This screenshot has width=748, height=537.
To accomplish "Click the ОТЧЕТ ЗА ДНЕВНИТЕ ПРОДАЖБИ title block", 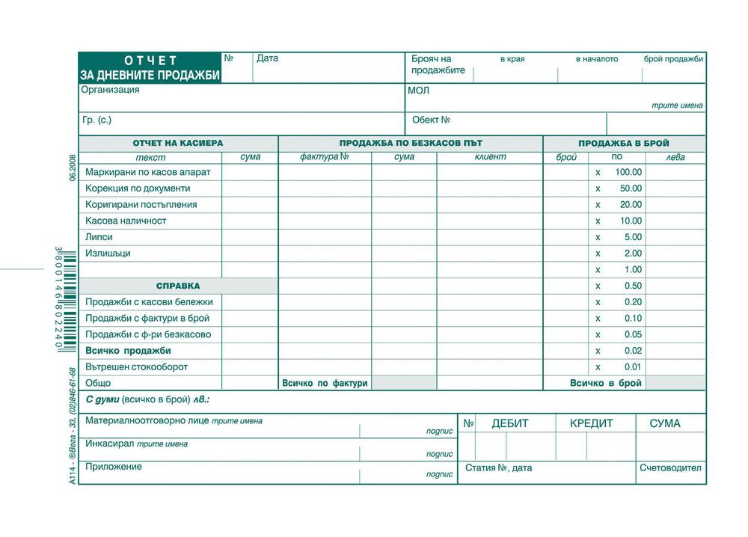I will click(150, 67).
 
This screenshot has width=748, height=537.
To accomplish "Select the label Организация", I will click(110, 90).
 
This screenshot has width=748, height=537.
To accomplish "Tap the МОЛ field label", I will click(418, 90).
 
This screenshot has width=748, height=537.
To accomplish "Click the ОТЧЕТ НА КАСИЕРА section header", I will click(178, 143).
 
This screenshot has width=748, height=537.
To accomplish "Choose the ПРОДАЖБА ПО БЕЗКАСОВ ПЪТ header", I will click(411, 143).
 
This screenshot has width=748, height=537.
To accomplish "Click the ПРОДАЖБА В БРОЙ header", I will click(624, 143).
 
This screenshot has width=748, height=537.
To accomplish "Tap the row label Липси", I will click(99, 237).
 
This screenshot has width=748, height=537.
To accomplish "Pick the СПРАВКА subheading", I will click(178, 286).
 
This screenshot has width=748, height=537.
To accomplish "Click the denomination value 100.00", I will click(628, 172).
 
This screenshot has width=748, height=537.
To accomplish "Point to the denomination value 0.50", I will click(633, 286).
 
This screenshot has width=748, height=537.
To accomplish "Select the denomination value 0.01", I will click(633, 367).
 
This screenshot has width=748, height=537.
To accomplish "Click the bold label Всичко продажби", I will click(129, 351).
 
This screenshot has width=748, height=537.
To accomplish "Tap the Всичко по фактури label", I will click(325, 384).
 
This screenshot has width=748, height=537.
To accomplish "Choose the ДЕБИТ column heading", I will click(509, 424).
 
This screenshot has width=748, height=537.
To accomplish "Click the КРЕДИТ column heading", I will click(591, 424).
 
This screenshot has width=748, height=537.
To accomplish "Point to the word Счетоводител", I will click(670, 469).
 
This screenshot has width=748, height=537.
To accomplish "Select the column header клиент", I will click(490, 157).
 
